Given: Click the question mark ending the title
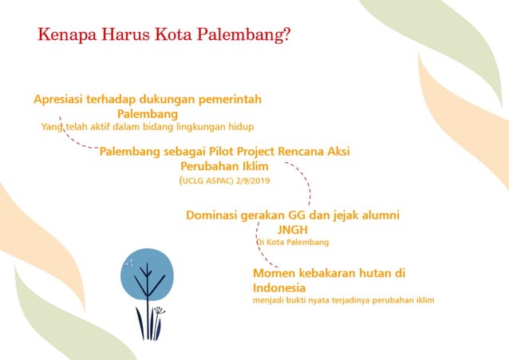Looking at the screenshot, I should [286, 36].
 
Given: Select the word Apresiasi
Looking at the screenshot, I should [62, 99].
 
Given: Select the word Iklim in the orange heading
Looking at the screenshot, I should [251, 166].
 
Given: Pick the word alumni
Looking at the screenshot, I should [377, 215].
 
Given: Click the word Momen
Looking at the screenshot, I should [273, 273].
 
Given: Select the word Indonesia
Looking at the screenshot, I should [279, 287].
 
